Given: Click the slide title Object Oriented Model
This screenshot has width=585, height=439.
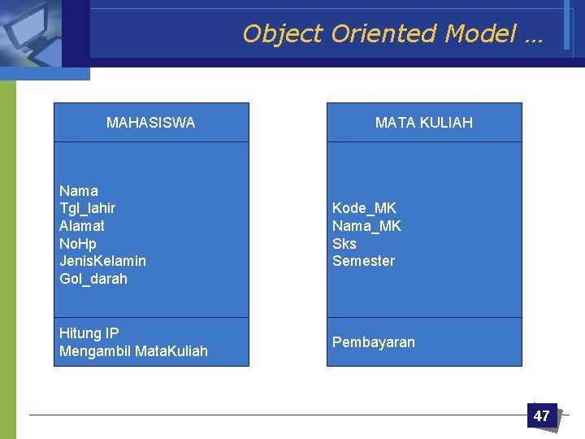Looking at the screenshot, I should click(x=393, y=34).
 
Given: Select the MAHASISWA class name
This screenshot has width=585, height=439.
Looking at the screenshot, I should click(x=150, y=123).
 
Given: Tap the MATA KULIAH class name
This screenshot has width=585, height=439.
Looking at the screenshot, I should click(x=423, y=123).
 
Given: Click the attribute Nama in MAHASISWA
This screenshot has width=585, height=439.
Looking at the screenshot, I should click(x=79, y=191).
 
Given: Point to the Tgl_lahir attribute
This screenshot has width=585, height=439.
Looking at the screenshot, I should click(x=88, y=208).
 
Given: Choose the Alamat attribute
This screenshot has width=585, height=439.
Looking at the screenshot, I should click(x=82, y=226).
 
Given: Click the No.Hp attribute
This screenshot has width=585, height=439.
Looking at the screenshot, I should click(x=78, y=244).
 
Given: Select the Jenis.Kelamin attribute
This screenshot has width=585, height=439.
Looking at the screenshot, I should click(x=102, y=261).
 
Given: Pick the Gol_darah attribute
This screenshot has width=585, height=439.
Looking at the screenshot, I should click(x=93, y=279).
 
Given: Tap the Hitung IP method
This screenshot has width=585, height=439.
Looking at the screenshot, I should click(x=89, y=333).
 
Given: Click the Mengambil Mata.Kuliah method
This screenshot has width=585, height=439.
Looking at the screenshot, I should click(x=133, y=351).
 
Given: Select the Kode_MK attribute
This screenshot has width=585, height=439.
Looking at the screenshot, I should click(x=364, y=208).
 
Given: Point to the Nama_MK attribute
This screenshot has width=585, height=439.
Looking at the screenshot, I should click(x=366, y=226).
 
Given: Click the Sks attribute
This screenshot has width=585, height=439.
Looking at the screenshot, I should click(x=344, y=244).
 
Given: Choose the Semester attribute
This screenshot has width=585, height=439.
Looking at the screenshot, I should click(x=363, y=261).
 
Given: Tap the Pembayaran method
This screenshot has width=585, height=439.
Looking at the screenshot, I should click(x=373, y=342).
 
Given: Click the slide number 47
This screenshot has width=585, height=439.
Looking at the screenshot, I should click(x=541, y=416).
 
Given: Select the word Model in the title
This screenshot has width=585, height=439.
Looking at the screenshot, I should click(x=480, y=34).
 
